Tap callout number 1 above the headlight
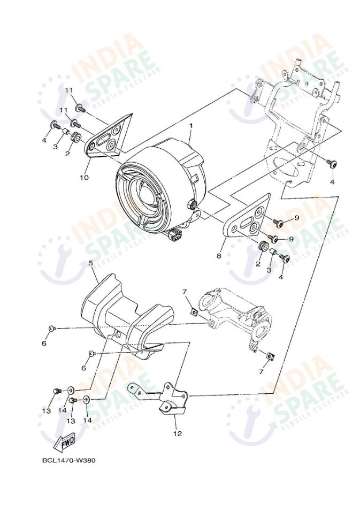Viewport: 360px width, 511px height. point(190,126)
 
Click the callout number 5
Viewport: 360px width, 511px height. point(90,263)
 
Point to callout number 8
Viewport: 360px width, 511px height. point(218,256)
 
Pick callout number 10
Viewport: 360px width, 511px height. point(84,177)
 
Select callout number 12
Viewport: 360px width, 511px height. point(177,433)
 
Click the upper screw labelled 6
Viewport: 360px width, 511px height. point(51,328)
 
